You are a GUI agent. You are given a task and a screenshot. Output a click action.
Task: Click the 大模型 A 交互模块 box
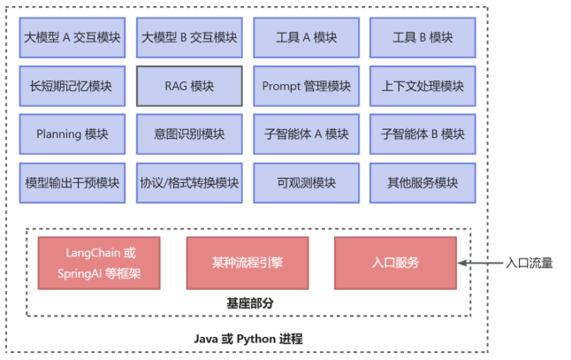72,38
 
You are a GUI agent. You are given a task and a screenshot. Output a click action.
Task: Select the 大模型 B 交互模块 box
189,38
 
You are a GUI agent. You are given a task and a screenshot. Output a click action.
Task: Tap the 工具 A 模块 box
307,38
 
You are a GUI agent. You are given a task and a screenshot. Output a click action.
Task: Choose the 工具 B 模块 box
423,38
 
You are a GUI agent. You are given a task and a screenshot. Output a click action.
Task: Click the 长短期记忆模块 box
72,87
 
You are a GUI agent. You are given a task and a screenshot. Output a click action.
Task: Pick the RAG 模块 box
189,87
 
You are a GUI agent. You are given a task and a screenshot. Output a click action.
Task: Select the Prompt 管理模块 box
307,87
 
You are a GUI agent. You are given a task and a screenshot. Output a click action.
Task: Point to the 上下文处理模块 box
423,87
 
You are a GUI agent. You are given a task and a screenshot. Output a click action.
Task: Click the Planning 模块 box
72,134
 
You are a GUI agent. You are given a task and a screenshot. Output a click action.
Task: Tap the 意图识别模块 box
189,134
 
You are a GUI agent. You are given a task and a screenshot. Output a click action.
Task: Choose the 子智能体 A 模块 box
307,134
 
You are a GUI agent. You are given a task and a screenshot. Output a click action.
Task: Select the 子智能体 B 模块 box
423,134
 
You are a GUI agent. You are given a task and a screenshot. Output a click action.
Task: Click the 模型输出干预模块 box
72,183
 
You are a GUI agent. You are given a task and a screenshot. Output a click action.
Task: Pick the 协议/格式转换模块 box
189,183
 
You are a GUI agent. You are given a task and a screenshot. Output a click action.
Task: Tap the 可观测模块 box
307,183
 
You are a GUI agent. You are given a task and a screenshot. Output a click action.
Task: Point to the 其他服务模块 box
423,183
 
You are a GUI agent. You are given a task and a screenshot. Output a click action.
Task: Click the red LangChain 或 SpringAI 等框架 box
99,263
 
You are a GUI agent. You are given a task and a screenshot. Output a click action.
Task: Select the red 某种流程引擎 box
247,263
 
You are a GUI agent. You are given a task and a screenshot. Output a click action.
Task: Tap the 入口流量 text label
529,263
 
